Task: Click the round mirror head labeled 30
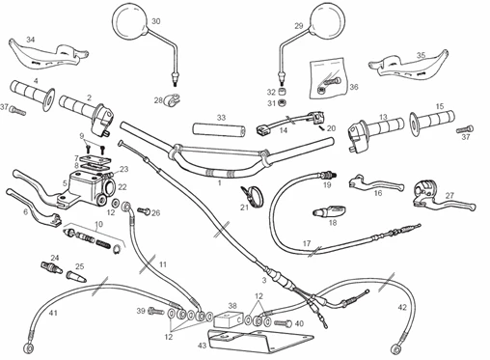(130, 20)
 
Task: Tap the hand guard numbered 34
(48, 55)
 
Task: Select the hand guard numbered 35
(408, 64)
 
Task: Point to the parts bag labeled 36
(328, 78)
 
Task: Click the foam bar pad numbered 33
(219, 129)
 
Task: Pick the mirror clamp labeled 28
(171, 99)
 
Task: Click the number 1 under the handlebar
(220, 182)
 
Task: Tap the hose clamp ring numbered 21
(253, 196)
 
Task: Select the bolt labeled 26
(144, 211)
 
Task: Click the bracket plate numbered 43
(258, 342)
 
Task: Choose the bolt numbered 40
(284, 323)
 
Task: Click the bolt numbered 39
(156, 311)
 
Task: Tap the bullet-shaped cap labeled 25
(76, 277)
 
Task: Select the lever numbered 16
(374, 182)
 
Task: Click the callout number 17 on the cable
(307, 243)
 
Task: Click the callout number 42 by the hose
(402, 308)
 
